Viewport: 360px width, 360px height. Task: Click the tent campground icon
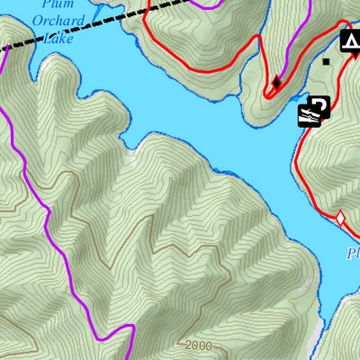pos(351,40)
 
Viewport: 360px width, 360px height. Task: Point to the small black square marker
pos(326,61)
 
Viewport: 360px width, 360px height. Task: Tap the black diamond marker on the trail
pos(275,83)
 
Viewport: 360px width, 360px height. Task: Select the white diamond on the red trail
pos(341,217)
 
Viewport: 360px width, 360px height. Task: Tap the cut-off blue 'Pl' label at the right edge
pos(353,254)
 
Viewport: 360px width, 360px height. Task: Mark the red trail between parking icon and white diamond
pos(301,171)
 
